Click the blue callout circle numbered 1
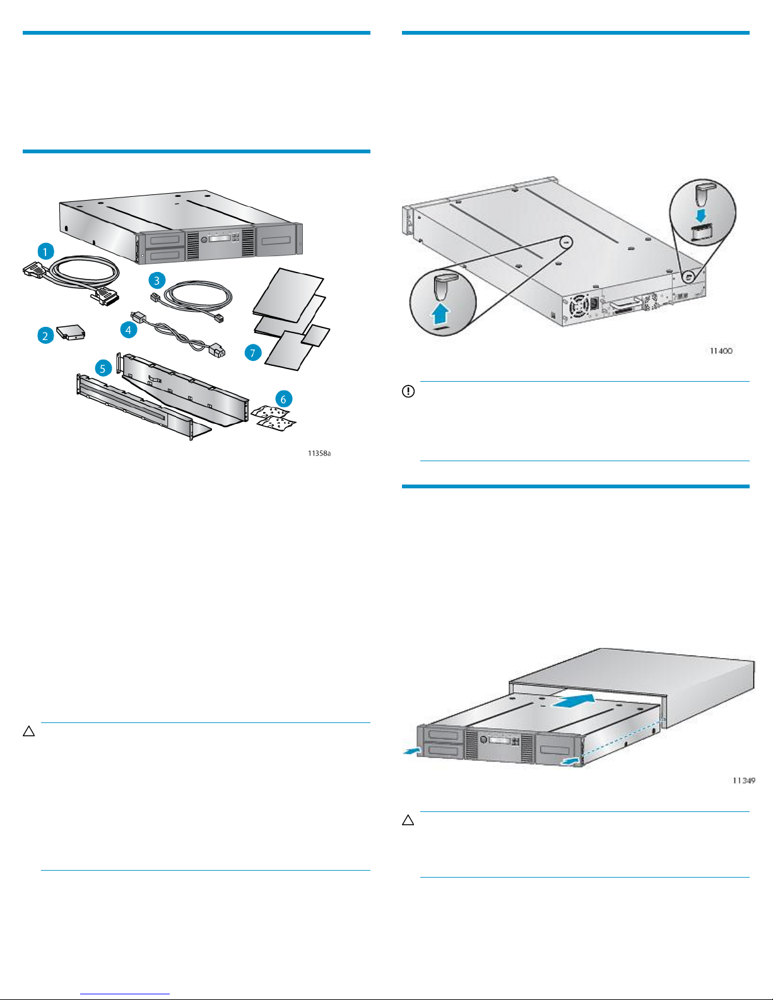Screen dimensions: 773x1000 pyautogui.click(x=45, y=251)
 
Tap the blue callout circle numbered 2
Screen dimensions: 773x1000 pyautogui.click(x=45, y=336)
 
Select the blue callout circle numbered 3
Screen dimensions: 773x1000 pyautogui.click(x=157, y=280)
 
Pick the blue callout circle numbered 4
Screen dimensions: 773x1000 pyautogui.click(x=128, y=329)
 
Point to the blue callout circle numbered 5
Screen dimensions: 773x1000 pyautogui.click(x=103, y=368)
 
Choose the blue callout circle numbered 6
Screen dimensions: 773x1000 pyautogui.click(x=283, y=399)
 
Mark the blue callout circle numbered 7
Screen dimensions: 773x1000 pyautogui.click(x=252, y=353)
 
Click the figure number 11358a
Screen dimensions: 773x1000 pyautogui.click(x=319, y=453)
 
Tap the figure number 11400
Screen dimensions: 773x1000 pyautogui.click(x=721, y=351)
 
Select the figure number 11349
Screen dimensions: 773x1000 pyautogui.click(x=744, y=780)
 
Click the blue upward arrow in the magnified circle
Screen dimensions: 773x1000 pyautogui.click(x=441, y=314)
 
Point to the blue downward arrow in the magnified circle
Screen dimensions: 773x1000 pyautogui.click(x=701, y=215)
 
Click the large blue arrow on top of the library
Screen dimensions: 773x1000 pyautogui.click(x=574, y=702)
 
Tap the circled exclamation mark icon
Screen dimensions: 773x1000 pyautogui.click(x=408, y=391)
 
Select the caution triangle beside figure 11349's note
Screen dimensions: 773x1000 pyautogui.click(x=408, y=821)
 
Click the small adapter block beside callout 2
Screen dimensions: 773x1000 pyautogui.click(x=71, y=332)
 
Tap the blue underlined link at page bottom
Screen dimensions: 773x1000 pyautogui.click(x=125, y=994)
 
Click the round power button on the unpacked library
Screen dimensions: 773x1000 pyautogui.click(x=204, y=240)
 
